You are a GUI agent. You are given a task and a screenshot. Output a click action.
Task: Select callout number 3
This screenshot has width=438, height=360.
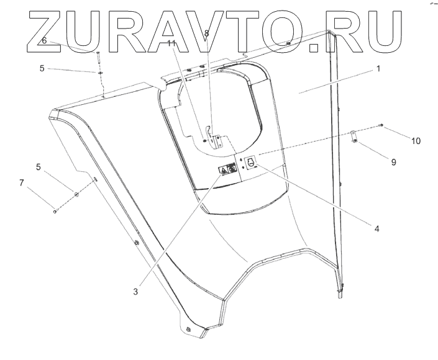click(x=135, y=290)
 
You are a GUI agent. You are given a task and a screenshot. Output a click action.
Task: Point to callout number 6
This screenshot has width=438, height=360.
click(x=44, y=40)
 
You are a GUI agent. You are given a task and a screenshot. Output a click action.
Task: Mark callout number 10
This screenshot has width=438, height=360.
click(x=416, y=141)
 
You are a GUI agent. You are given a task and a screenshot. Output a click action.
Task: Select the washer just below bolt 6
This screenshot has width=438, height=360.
click(x=99, y=73)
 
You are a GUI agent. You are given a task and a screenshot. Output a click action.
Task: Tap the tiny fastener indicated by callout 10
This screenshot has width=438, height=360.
click(x=381, y=127)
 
